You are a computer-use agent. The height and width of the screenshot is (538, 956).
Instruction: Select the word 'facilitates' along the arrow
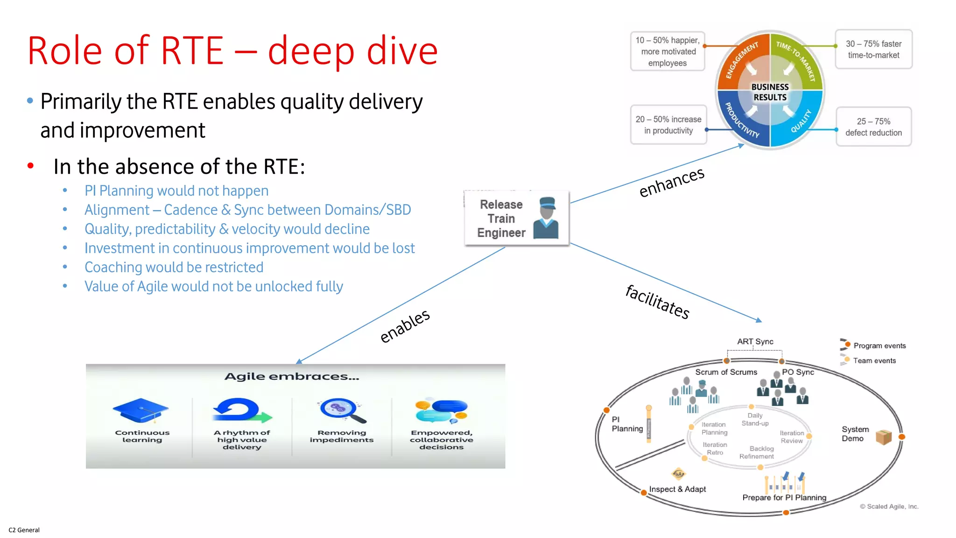pos(657,302)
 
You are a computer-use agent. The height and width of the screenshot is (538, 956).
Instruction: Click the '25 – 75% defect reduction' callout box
pos(873,127)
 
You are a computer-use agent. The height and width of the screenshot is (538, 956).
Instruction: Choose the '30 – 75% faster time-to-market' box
pos(873,49)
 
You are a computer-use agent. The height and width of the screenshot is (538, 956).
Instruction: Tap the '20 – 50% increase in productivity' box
pos(668,125)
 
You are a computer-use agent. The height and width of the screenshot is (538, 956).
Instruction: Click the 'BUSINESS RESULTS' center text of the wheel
pos(770,92)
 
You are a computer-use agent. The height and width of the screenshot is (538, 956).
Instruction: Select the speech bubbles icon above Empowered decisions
pos(442,410)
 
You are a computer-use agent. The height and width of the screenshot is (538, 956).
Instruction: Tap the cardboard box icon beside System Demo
pos(884,437)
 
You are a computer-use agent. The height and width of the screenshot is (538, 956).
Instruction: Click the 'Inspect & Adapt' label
pos(677,489)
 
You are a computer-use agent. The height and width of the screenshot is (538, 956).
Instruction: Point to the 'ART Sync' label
pos(755,341)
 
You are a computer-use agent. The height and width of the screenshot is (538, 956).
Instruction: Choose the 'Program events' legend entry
pos(879,346)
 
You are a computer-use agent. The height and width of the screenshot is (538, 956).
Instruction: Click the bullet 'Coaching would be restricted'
pos(174,267)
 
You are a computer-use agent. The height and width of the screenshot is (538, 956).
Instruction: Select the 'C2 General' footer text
pos(24,530)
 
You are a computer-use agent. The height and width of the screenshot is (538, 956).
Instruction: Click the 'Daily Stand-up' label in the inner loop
pos(755,419)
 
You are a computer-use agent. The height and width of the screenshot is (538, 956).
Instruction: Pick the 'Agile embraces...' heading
pos(292,376)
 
